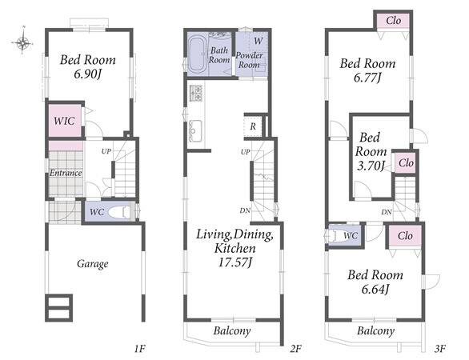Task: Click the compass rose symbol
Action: click(x=22, y=43)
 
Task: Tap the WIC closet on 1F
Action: click(x=65, y=121)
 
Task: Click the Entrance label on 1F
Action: click(x=66, y=173)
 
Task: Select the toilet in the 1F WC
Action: click(x=118, y=212)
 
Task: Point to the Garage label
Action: click(x=92, y=264)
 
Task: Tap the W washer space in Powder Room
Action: click(x=259, y=41)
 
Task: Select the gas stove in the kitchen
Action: click(x=195, y=94)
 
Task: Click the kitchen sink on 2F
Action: click(x=195, y=131)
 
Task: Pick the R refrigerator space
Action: click(x=253, y=126)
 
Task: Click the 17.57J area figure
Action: click(x=235, y=262)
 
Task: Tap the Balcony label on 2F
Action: click(x=232, y=330)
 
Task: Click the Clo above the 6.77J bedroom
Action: click(x=393, y=20)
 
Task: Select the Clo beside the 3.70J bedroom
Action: click(x=406, y=163)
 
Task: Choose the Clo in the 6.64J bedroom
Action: click(x=405, y=236)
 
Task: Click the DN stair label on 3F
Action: click(x=387, y=212)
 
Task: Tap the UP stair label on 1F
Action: click(x=106, y=151)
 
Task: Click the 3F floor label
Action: click(x=440, y=348)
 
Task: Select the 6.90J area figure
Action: click(x=88, y=74)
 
